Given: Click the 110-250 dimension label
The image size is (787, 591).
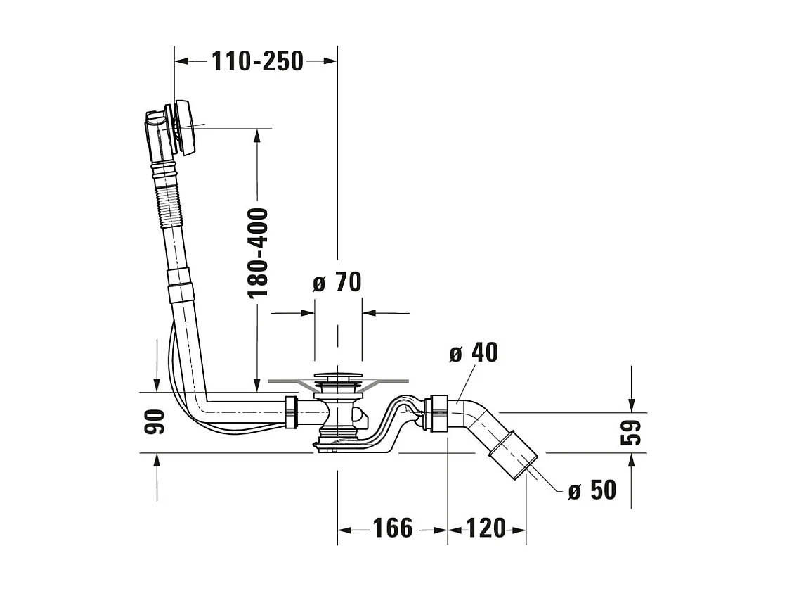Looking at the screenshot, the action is pos(257,61).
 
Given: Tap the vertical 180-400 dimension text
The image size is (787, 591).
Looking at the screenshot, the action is pos(259,253).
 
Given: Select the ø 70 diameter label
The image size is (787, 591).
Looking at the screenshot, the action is pos(337,282).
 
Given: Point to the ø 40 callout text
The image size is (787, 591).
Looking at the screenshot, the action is pos(474,352).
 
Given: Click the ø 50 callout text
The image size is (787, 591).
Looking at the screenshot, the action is pos(592,490).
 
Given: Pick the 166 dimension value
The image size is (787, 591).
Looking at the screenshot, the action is pos(393,528).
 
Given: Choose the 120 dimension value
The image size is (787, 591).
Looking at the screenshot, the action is pos(486,528).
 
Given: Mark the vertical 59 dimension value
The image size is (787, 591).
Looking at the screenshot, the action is pos(632,432).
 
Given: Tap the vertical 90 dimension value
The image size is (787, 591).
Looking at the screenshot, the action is pos(155,421).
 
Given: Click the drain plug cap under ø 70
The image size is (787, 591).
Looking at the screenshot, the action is pos(337,376).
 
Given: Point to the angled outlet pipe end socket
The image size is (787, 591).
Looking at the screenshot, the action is pos(513,455).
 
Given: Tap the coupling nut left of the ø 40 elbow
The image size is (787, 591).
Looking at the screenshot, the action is pos(435,413).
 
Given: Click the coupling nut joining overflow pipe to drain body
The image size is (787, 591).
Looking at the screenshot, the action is pos(292,412).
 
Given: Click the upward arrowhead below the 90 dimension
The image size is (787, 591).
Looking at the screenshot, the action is pos(157,459).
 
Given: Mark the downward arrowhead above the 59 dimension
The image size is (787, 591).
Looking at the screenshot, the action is pos(632,405).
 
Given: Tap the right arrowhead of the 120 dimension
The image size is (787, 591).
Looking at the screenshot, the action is pos(519,530).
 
